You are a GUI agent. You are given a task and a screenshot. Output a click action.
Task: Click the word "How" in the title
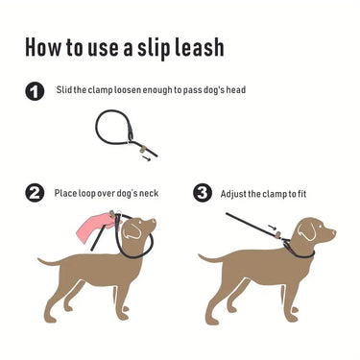click(45, 47)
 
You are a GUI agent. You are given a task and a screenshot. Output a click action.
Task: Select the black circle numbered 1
click(35, 92)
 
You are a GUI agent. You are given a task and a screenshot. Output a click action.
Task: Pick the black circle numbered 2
click(35, 193)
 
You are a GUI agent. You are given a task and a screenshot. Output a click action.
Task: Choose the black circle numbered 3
click(203, 193)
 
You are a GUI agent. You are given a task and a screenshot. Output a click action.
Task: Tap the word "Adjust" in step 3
click(235, 193)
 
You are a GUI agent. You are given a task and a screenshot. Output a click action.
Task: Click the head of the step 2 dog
click(144, 230)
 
